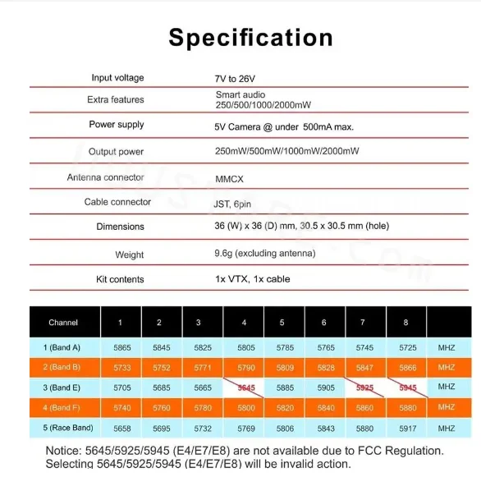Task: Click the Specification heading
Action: tap(250, 38)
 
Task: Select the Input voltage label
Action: tap(117, 78)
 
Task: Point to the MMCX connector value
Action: tap(229, 178)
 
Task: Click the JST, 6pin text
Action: tap(233, 202)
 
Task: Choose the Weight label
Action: tap(130, 255)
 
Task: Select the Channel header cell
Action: tap(63, 323)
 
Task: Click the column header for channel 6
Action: tap(323, 323)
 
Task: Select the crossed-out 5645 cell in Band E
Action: tap(245, 388)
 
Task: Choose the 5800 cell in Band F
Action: tap(245, 407)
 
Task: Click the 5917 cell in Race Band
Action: tap(407, 428)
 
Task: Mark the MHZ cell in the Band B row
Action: tap(446, 368)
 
